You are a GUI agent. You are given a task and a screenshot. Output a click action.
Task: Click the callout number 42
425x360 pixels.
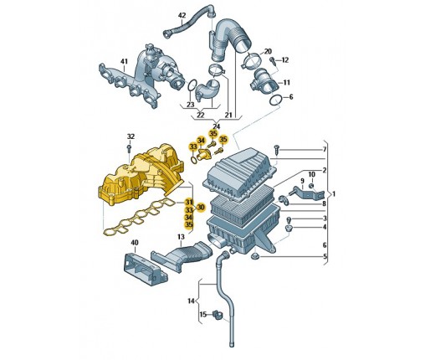[182, 16]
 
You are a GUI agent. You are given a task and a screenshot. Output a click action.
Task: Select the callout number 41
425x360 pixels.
[124, 61]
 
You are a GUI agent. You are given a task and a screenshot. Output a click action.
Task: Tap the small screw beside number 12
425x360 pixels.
[273, 61]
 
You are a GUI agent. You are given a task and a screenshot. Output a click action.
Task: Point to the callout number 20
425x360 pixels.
[268, 51]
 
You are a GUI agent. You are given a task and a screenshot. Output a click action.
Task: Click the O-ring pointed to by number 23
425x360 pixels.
[192, 85]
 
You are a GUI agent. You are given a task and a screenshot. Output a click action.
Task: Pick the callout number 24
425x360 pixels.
[217, 126]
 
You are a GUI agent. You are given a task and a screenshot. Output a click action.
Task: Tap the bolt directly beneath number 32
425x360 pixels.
[129, 148]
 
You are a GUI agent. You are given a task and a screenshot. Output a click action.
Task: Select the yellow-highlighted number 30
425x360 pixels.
[201, 207]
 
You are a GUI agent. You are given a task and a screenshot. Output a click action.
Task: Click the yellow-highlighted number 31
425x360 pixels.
[189, 202]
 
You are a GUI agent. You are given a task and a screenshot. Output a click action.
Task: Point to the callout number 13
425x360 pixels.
[181, 237]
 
